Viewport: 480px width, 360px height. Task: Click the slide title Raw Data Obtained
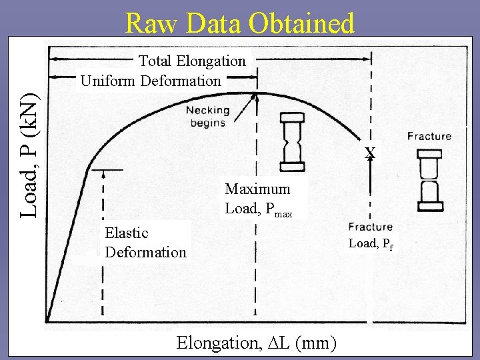pos(239,24)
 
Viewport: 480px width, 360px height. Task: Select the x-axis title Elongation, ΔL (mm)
pos(256,343)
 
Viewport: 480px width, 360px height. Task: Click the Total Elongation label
pos(192,61)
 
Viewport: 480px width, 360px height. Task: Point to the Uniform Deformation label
pos(151,81)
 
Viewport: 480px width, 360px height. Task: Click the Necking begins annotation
pos(207,116)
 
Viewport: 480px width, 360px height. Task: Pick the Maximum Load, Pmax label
pos(259,199)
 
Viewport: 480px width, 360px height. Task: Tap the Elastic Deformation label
pos(145,243)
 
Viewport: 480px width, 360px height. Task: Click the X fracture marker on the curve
pos(370,153)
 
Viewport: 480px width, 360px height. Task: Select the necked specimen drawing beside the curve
pos(292,143)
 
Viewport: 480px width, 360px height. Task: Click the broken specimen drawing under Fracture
pos(429,180)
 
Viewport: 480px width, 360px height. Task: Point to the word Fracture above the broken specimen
pos(429,137)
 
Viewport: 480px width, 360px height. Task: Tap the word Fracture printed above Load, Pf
pos(370,227)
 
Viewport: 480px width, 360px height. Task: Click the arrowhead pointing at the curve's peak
pos(255,98)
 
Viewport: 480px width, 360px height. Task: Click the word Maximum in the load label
pos(257,189)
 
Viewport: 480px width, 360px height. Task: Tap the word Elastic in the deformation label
pos(127,233)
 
